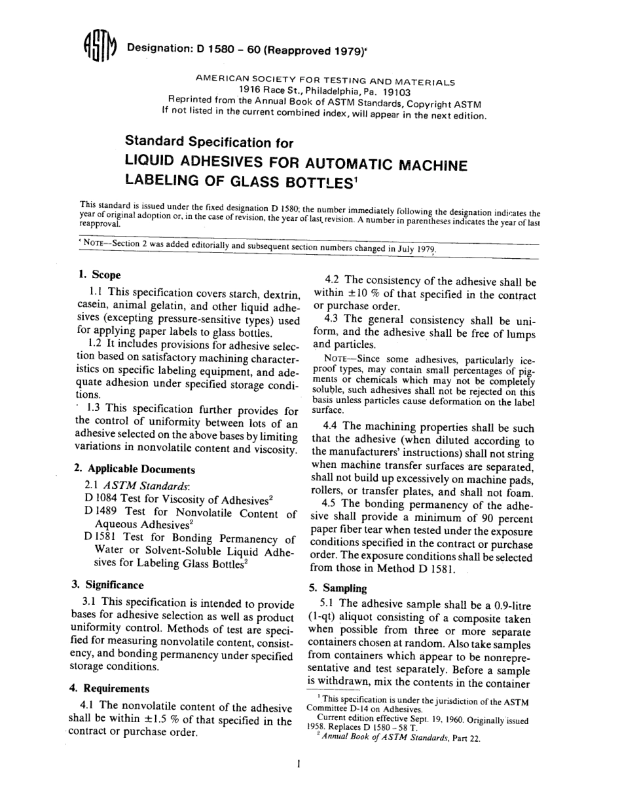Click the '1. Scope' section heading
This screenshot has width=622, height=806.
tap(99, 275)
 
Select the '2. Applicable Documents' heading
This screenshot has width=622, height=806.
tap(134, 469)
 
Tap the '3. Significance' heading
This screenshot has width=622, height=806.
tap(107, 585)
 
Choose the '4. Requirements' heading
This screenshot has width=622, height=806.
tap(109, 689)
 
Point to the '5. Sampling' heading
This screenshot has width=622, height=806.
tap(338, 588)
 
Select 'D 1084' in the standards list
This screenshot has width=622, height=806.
tap(101, 499)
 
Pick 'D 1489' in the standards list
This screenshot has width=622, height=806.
tap(100, 513)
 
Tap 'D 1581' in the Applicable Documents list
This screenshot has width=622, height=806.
tap(100, 539)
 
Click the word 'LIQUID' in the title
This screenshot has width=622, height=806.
tap(155, 162)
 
